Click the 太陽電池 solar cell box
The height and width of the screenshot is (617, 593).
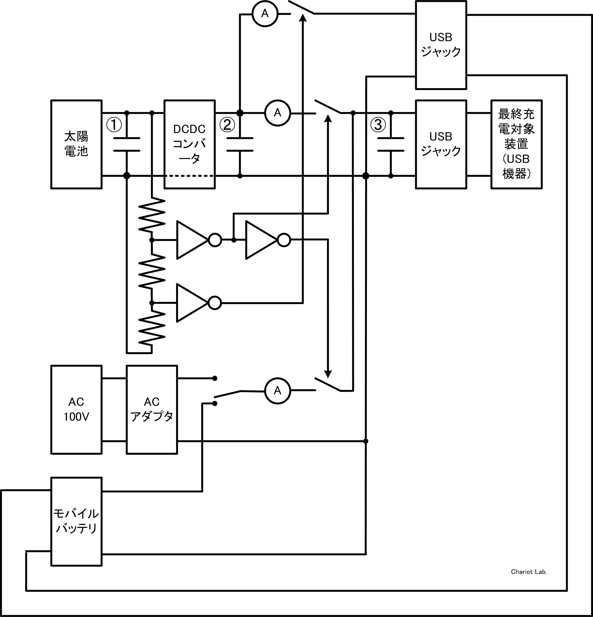[76, 144]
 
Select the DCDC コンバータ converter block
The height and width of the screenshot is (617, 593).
[190, 144]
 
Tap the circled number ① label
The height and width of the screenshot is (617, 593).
[114, 125]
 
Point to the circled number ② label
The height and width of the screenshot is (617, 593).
[227, 125]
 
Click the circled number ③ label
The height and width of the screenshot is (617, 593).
[378, 125]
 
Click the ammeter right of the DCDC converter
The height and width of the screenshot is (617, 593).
[277, 113]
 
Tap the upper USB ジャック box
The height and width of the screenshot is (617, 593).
[441, 45]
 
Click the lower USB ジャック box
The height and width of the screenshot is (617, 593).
[441, 144]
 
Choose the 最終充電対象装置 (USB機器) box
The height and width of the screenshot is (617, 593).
[516, 144]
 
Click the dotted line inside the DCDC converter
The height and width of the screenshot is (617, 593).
[190, 176]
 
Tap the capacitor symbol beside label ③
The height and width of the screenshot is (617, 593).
[391, 144]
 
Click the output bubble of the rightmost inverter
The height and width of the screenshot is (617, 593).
[284, 240]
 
